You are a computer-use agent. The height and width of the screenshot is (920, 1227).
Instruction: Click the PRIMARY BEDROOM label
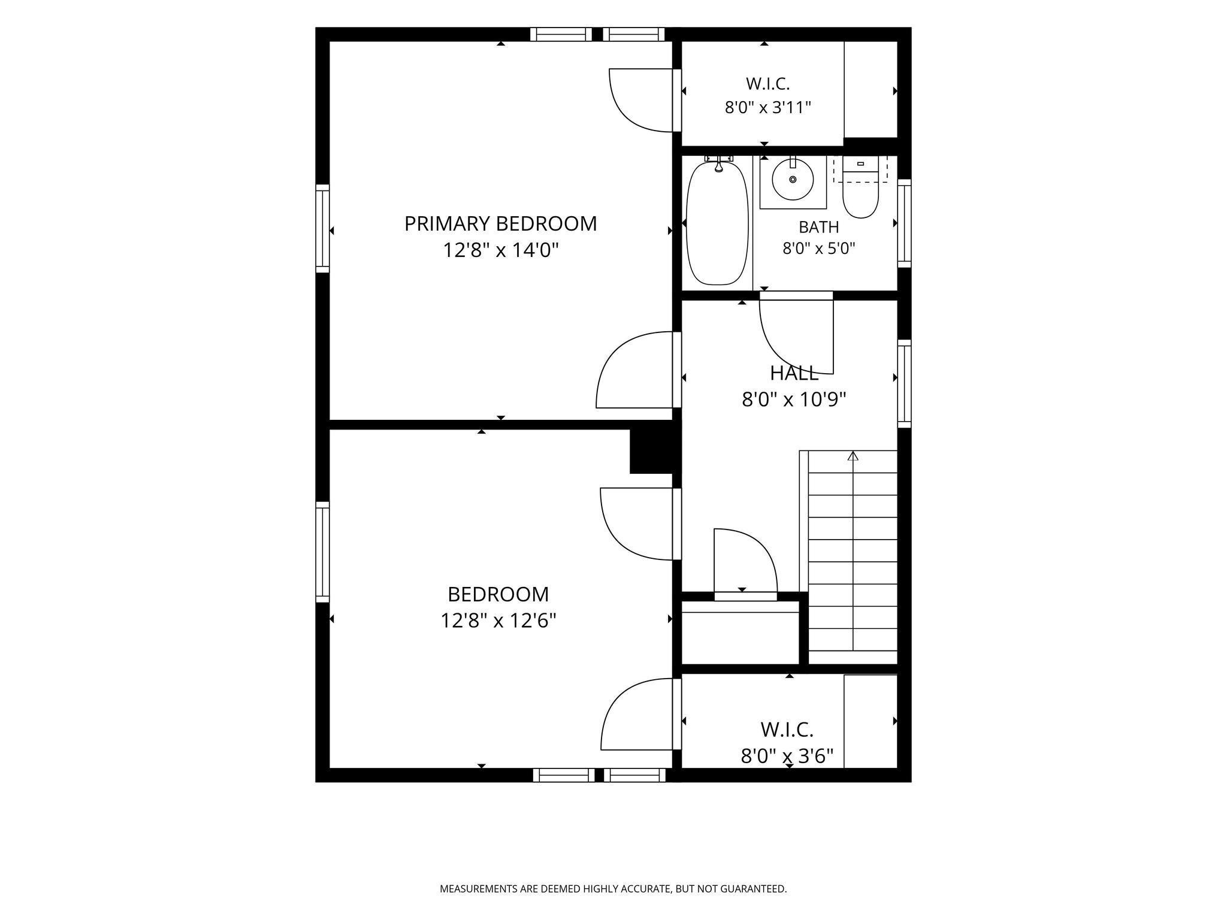(500, 223)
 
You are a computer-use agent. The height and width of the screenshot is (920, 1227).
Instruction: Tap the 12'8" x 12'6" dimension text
(498, 621)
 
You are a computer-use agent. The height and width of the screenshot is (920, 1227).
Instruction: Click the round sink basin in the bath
(793, 179)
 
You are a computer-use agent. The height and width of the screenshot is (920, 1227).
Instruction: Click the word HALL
(794, 373)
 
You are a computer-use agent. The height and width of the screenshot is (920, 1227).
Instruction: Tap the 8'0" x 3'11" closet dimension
(768, 108)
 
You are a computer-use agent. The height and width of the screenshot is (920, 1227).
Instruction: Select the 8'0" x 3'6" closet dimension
(787, 756)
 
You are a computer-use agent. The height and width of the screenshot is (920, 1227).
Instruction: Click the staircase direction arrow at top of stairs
(853, 456)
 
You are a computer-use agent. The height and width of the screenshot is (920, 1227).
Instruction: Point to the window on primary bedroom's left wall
(322, 228)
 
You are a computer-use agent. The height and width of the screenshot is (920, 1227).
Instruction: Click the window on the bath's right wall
(904, 223)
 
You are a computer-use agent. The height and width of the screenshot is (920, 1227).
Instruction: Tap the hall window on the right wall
(904, 383)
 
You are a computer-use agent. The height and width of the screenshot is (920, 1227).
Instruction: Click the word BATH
(818, 228)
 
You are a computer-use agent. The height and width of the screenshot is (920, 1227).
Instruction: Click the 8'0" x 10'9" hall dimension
(794, 400)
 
